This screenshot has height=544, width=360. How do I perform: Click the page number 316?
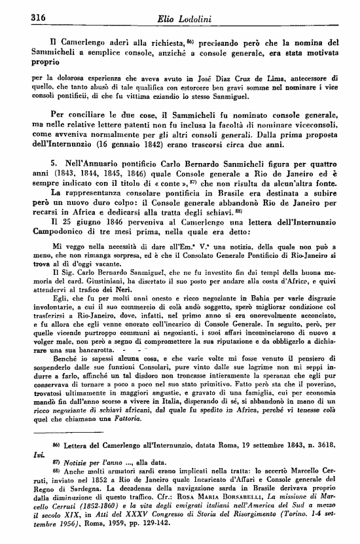tap(23, 17)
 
